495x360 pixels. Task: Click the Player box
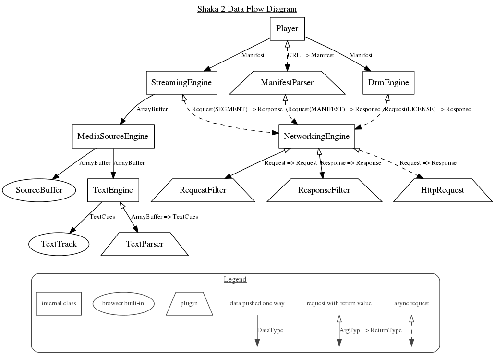pyautogui.click(x=287, y=28)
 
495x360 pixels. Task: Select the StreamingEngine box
pyautogui.click(x=181, y=83)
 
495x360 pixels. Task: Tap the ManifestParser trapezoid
pyautogui.click(x=287, y=83)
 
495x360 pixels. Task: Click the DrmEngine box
pyautogui.click(x=388, y=83)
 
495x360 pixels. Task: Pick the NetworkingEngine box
pyautogui.click(x=316, y=137)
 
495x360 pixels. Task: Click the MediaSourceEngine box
pyautogui.click(x=113, y=137)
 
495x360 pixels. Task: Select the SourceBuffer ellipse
pyautogui.click(x=39, y=190)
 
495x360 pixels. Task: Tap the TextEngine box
pyautogui.click(x=113, y=190)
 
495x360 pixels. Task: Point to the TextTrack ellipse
pyautogui.click(x=59, y=244)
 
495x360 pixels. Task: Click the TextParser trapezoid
pyautogui.click(x=145, y=244)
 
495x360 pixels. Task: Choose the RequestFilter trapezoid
pyautogui.click(x=203, y=190)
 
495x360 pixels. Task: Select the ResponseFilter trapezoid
pyautogui.click(x=324, y=190)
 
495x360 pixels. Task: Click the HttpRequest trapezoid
pyautogui.click(x=443, y=190)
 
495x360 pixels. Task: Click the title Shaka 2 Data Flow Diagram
pyautogui.click(x=247, y=9)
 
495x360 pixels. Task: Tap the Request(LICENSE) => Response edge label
pyautogui.click(x=427, y=109)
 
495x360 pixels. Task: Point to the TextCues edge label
pyautogui.click(x=102, y=217)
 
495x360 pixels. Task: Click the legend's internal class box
pyautogui.click(x=59, y=303)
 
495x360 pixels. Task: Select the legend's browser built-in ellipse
pyautogui.click(x=122, y=303)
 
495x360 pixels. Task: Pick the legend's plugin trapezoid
pyautogui.click(x=189, y=303)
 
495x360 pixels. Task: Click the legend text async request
pyautogui.click(x=411, y=303)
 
